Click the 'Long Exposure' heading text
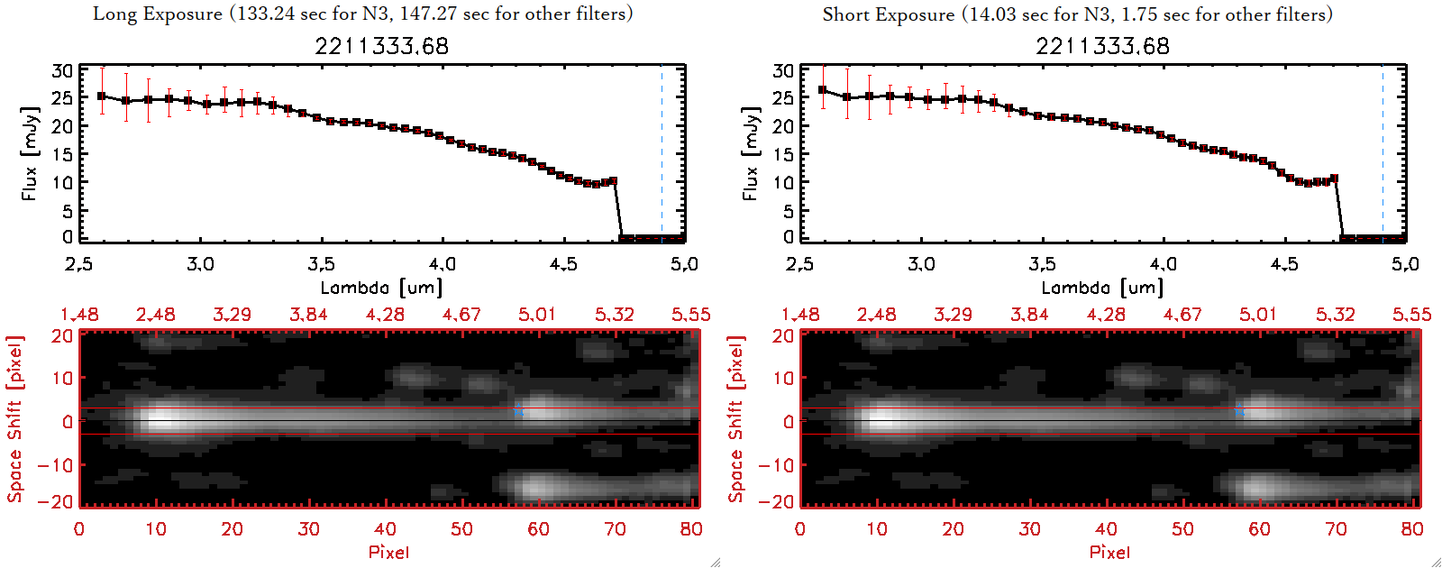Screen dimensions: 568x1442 click(x=158, y=14)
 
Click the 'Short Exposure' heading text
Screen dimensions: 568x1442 click(x=888, y=14)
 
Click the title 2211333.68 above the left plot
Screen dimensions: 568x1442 click(x=381, y=46)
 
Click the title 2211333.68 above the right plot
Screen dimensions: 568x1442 click(x=1102, y=46)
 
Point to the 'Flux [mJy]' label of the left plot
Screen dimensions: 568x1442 click(x=30, y=153)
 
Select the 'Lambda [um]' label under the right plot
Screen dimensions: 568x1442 click(x=1102, y=288)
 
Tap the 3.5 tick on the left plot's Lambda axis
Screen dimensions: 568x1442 click(x=322, y=264)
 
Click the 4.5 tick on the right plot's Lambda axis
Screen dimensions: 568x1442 click(x=1284, y=264)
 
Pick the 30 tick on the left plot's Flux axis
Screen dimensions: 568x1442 click(x=62, y=71)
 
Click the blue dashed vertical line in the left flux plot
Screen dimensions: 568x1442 click(x=662, y=153)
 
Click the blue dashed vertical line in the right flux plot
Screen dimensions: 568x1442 click(x=1383, y=153)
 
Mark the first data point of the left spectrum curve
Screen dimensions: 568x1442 click(x=102, y=96)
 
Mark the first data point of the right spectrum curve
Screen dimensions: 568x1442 click(x=823, y=90)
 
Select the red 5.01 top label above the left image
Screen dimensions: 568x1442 click(x=537, y=315)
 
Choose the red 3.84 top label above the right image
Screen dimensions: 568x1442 click(x=1029, y=315)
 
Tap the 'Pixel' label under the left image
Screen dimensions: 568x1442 click(x=388, y=552)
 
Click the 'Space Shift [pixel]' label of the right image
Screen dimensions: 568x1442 click(x=736, y=419)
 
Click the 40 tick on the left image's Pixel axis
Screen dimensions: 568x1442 click(x=385, y=529)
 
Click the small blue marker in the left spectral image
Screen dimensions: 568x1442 click(x=518, y=411)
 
